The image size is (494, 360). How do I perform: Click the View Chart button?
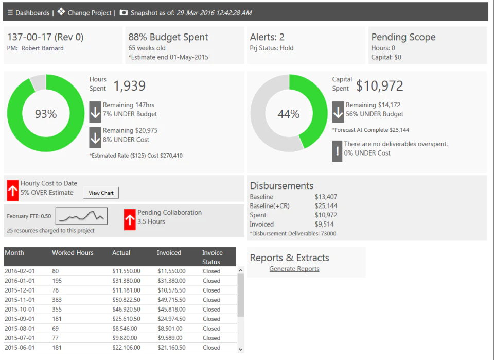coord(101,193)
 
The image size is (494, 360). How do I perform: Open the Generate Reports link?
coord(294,269)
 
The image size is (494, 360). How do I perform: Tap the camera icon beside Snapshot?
coord(123,12)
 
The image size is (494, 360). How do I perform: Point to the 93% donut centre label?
coord(46,114)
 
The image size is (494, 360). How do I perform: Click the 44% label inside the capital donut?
coord(289,114)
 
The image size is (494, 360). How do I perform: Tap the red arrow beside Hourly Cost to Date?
coord(12,191)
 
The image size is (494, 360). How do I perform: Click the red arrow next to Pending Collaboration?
coord(130,219)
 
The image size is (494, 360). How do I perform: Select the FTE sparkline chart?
coord(82,216)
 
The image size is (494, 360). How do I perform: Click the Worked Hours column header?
coord(73,253)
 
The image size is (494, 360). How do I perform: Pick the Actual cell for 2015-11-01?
coord(127,300)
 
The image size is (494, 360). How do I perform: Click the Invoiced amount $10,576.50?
coord(172,290)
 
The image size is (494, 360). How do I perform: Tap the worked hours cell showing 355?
coord(57,309)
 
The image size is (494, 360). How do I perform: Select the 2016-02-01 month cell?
coord(20,271)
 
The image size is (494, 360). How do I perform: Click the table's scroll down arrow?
coord(241,349)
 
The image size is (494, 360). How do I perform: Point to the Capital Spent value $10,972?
coord(380,85)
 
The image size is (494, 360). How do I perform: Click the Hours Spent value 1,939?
coord(130,85)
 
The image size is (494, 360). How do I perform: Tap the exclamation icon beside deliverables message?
coord(338,151)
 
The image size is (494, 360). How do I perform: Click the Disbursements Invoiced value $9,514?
coord(324,224)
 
